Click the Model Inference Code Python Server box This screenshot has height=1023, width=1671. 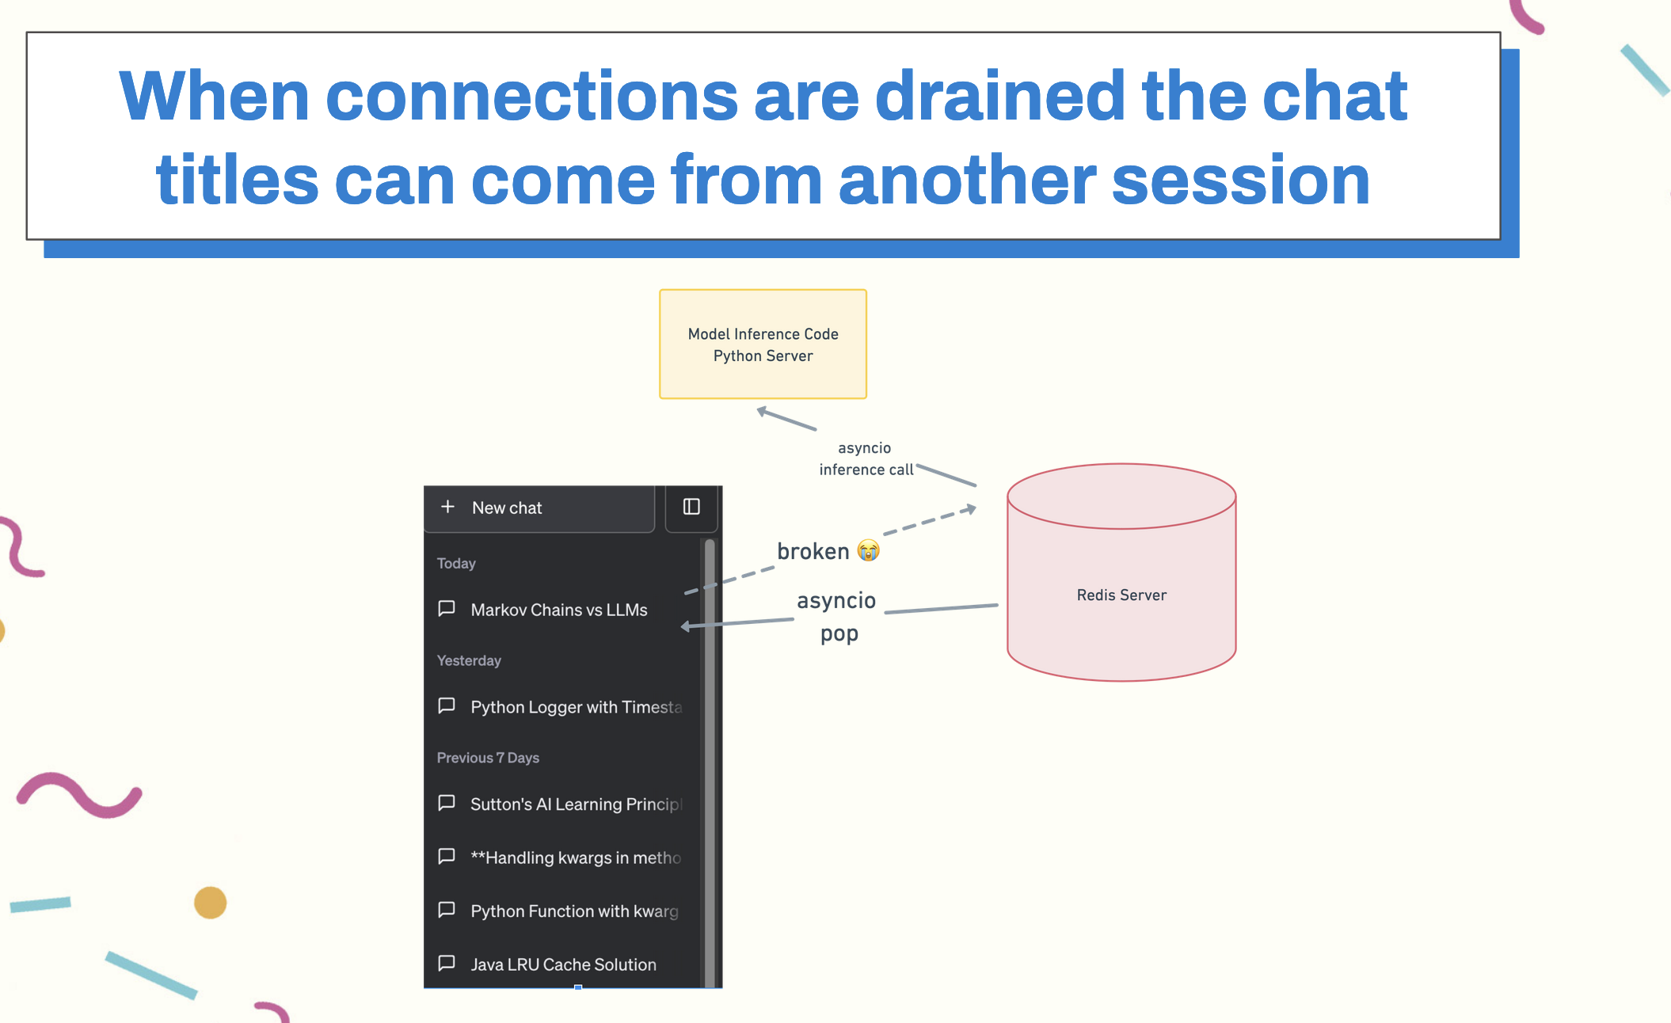(763, 344)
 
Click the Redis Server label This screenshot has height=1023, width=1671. (1121, 595)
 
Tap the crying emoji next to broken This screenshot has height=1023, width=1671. (869, 550)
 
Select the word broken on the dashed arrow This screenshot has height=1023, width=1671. (813, 551)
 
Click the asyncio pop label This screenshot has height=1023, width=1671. (837, 617)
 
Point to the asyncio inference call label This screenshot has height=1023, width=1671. (866, 458)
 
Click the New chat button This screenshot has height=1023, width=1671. (539, 508)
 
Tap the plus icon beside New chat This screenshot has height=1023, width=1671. (447, 507)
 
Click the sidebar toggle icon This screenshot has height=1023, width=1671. (691, 507)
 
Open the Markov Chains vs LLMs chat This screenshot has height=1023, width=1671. (559, 610)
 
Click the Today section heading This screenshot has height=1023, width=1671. (456, 563)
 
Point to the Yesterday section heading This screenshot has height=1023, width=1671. (469, 660)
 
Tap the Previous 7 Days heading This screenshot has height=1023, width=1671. (488, 758)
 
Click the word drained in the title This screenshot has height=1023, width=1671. (999, 96)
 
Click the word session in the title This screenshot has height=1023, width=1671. (1241, 180)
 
